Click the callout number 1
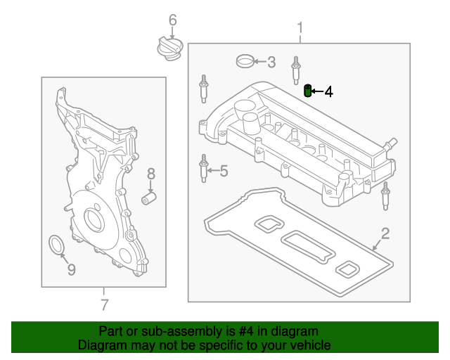300,28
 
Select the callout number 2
385,233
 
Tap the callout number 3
271,62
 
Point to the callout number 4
328,91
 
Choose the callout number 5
224,170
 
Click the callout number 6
173,21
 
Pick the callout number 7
104,304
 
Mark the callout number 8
150,173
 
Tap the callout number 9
70,269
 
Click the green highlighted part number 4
307,91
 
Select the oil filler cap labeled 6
169,49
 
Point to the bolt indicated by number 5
204,169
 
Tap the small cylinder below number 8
148,199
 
